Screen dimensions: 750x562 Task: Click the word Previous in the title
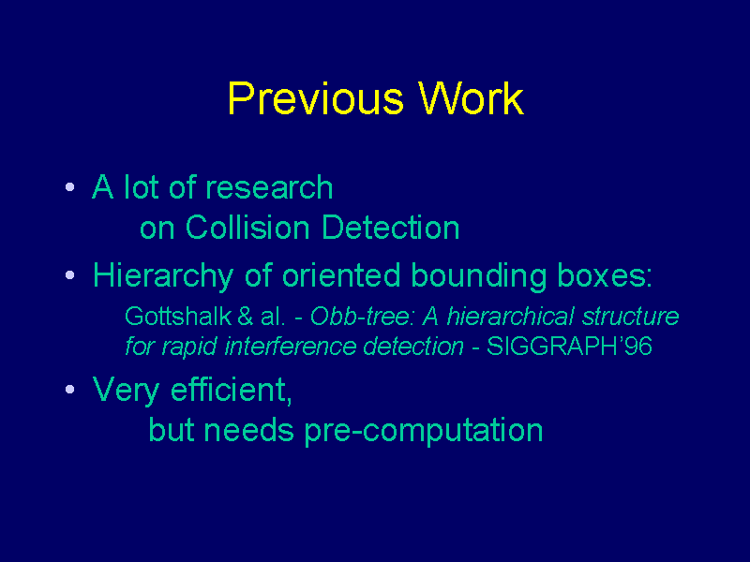pyautogui.click(x=316, y=99)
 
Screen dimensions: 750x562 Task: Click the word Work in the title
pyautogui.click(x=472, y=98)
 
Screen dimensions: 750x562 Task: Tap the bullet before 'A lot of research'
pyautogui.click(x=69, y=186)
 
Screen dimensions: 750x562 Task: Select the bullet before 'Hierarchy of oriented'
pyautogui.click(x=69, y=275)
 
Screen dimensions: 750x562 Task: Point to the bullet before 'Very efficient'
pyautogui.click(x=69, y=390)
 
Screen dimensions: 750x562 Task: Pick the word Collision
pyautogui.click(x=247, y=227)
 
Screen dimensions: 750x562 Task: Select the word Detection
pyautogui.click(x=391, y=227)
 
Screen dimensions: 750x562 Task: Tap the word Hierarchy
pyautogui.click(x=163, y=277)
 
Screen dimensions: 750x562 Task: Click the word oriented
pyautogui.click(x=341, y=275)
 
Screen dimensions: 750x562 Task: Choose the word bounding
pyautogui.click(x=479, y=277)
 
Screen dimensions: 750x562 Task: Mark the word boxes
pyautogui.click(x=605, y=275)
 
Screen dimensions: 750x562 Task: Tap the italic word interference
pyautogui.click(x=291, y=346)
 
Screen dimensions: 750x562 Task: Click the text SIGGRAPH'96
pyautogui.click(x=569, y=346)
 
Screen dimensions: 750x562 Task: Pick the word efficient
pyautogui.click(x=231, y=391)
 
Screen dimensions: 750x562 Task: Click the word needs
pyautogui.click(x=248, y=430)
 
